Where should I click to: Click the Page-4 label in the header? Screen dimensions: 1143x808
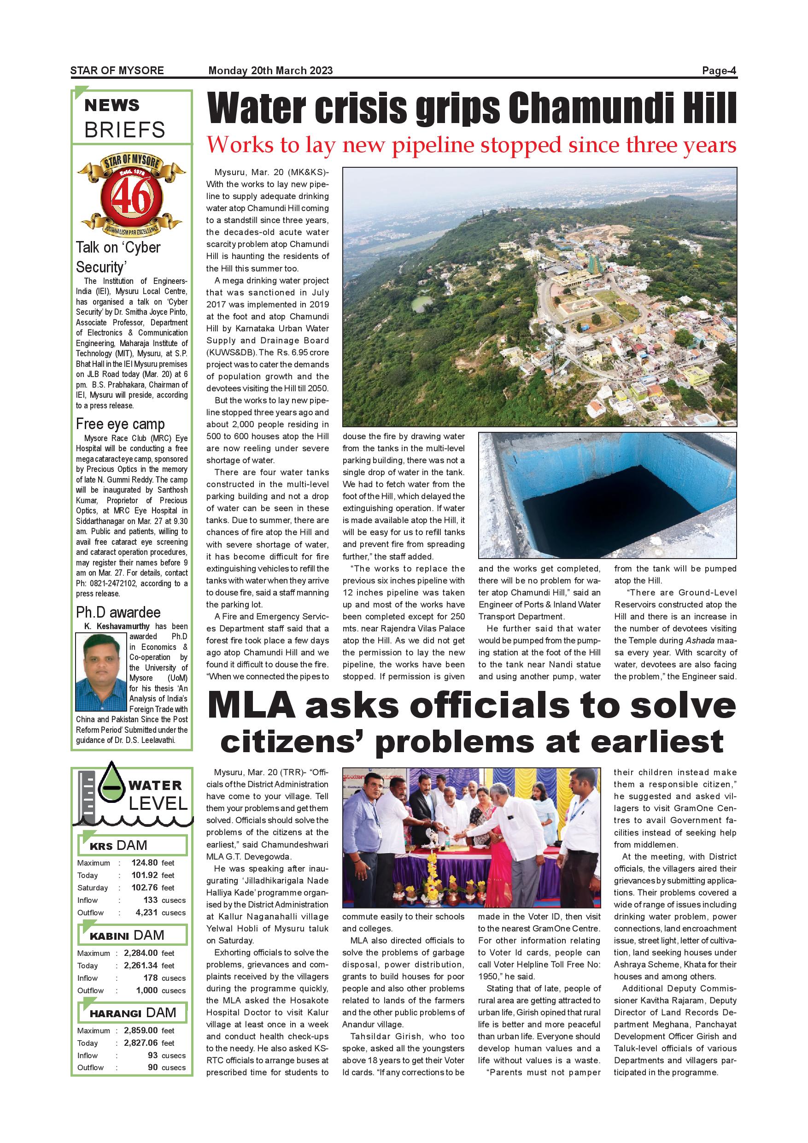click(x=719, y=70)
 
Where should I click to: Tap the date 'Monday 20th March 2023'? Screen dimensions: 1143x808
click(x=270, y=70)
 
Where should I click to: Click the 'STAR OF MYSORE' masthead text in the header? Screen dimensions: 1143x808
click(x=117, y=70)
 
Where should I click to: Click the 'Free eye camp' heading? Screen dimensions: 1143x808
click(x=120, y=424)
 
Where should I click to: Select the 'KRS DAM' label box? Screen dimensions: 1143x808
click(x=132, y=845)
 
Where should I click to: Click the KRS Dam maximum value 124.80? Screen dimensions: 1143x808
click(x=144, y=863)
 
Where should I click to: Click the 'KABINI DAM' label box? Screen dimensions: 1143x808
click(x=132, y=935)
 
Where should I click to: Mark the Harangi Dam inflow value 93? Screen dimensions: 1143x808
click(x=153, y=1055)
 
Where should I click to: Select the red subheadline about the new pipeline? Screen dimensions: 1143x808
click(x=471, y=145)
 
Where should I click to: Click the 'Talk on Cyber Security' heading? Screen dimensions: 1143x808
click(x=118, y=257)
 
